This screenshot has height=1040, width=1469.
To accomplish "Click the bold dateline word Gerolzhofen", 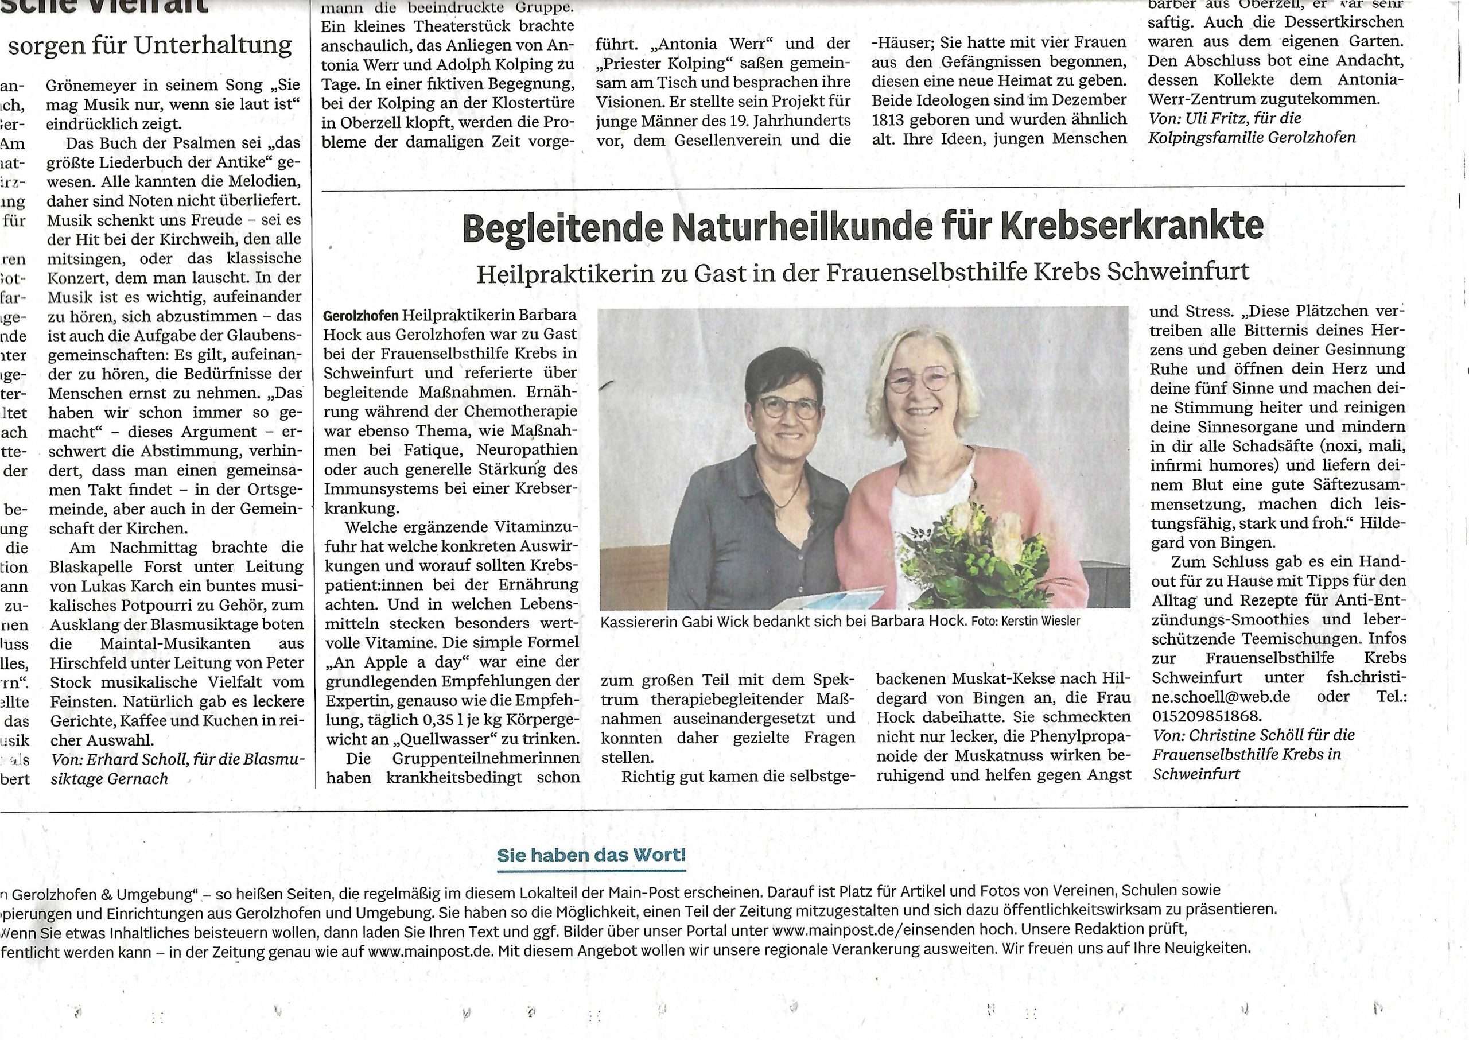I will (360, 316).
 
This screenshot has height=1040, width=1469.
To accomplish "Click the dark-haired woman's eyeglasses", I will (788, 407).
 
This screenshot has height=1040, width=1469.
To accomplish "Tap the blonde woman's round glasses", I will (922, 380).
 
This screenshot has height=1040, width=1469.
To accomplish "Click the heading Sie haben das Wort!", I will (591, 855).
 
